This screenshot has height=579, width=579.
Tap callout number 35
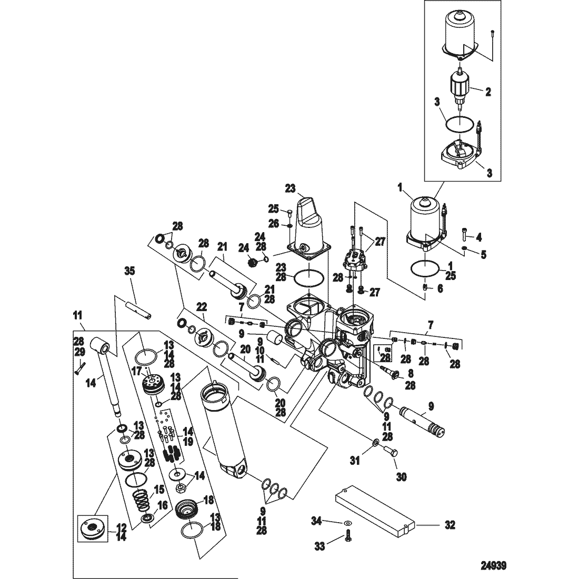point(129,272)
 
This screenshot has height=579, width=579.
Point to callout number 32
point(450,525)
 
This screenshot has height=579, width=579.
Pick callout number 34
point(316,522)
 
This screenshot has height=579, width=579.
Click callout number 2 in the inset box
point(488,92)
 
